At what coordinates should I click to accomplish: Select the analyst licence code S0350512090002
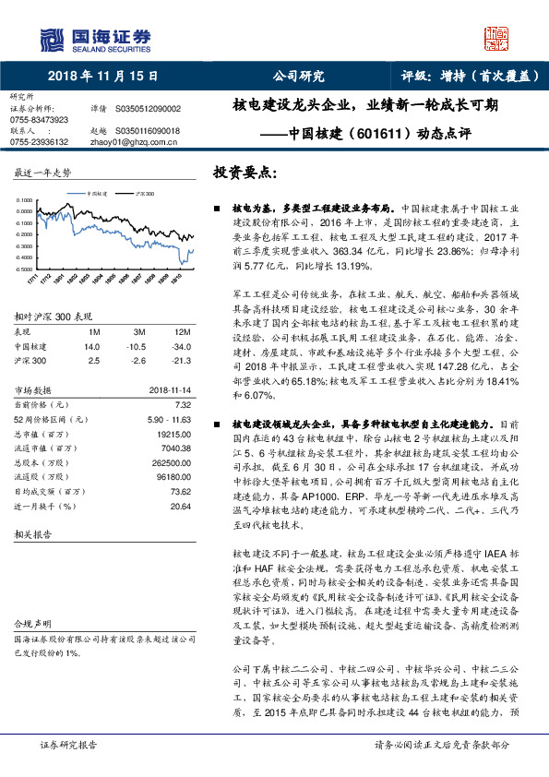(x=149, y=109)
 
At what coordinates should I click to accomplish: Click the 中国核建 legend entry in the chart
(x=99, y=195)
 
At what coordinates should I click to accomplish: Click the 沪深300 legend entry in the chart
(x=144, y=195)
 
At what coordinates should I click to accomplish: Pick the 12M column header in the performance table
(x=181, y=331)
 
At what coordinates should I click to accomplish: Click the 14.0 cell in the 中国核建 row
(x=90, y=345)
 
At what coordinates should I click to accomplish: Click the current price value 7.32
(x=182, y=404)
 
